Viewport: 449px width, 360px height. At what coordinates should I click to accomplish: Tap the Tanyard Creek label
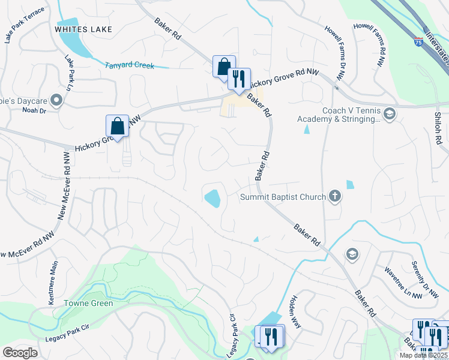[130, 65]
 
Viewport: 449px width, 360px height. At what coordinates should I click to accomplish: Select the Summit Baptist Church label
[283, 197]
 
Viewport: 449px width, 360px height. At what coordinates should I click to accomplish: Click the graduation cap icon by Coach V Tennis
[389, 114]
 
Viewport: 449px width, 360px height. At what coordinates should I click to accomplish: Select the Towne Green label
[85, 304]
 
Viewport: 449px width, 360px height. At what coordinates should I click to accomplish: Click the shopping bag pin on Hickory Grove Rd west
[117, 127]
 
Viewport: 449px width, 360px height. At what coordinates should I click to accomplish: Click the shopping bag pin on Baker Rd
[223, 67]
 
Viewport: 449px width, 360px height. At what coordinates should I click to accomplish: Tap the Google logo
[20, 353]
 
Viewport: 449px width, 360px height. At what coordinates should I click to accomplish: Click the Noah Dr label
[34, 110]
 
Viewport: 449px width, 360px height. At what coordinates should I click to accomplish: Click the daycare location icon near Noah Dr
[56, 100]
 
